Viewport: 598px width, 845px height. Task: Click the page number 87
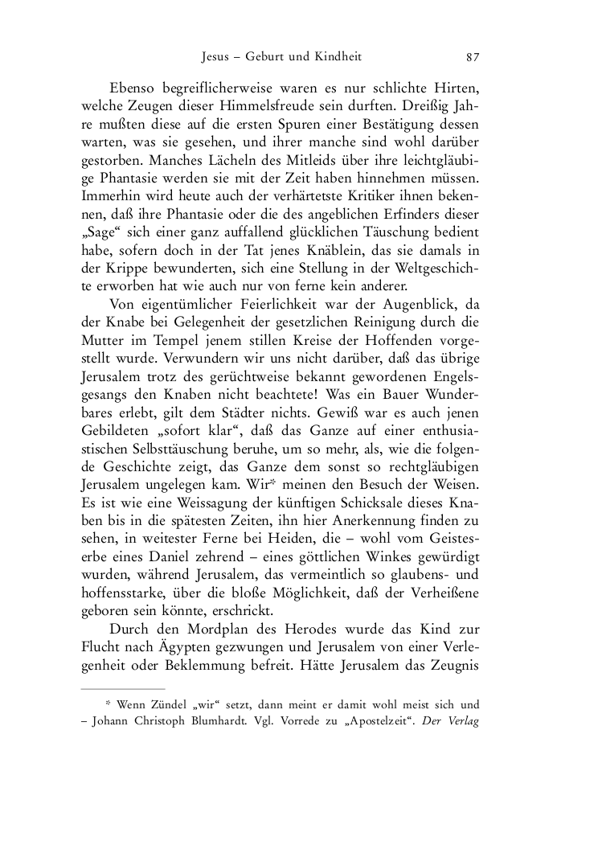473,57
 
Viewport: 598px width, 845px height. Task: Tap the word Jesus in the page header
216,57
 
